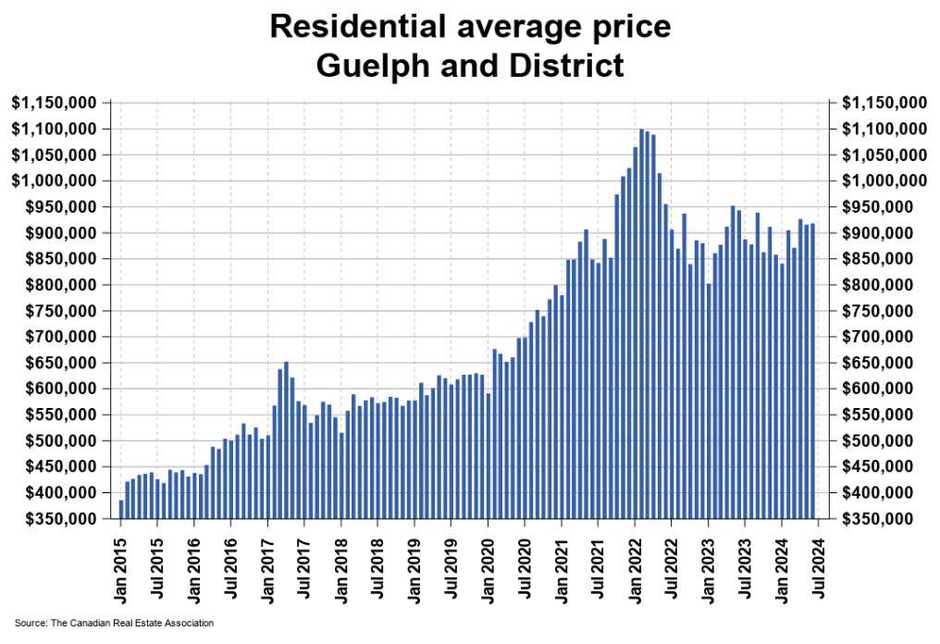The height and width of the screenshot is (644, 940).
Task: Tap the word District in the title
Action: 570,66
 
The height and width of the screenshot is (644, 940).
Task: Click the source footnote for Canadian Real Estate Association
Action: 115,623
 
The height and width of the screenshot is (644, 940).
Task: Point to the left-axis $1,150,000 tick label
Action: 54,103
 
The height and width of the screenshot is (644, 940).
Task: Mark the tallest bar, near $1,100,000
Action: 641,324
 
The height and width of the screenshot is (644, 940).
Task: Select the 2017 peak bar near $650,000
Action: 286,440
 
